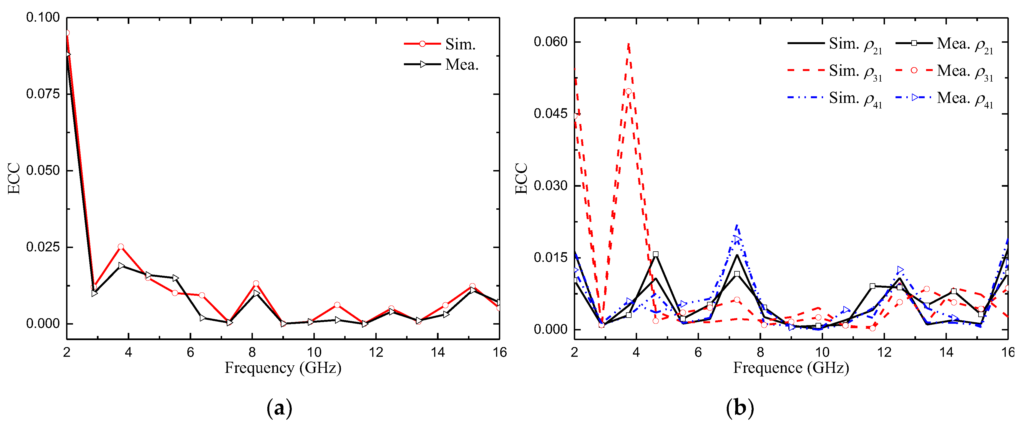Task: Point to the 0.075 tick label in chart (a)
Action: point(43,94)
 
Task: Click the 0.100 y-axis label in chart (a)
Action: point(43,17)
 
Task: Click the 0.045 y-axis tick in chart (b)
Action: point(550,114)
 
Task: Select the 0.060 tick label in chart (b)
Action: point(550,42)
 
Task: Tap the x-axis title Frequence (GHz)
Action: point(791,368)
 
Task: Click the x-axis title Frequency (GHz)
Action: point(283,368)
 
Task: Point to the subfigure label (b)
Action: point(740,408)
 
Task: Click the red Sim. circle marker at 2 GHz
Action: point(67,33)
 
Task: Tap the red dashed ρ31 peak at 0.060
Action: point(628,44)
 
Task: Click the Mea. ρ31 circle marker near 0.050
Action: point(628,92)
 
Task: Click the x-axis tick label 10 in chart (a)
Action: point(314,352)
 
